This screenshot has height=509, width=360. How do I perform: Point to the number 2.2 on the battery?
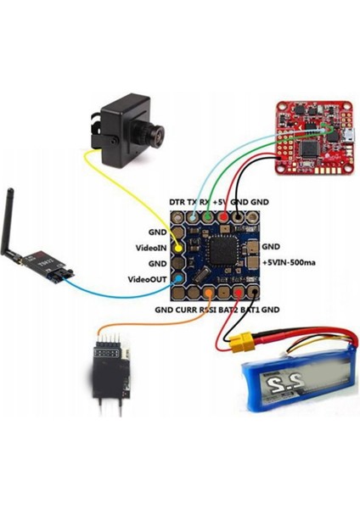279,387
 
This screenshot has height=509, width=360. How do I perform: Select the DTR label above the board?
180,202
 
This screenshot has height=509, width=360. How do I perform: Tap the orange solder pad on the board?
208,294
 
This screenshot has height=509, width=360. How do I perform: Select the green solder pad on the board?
207,219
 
